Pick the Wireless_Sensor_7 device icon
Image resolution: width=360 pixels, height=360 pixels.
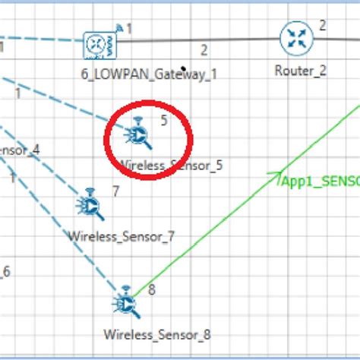coord(91,205)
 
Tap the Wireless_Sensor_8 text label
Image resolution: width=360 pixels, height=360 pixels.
coord(157,333)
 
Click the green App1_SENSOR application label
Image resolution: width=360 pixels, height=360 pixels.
coord(320,182)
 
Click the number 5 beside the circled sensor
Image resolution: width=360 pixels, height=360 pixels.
coord(164,120)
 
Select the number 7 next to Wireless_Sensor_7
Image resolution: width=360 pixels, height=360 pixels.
coord(115,191)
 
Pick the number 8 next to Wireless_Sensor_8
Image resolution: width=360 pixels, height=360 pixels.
coord(152,289)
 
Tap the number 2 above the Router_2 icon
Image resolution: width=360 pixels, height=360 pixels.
coord(322,25)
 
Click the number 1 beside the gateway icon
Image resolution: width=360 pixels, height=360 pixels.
coord(129,29)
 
